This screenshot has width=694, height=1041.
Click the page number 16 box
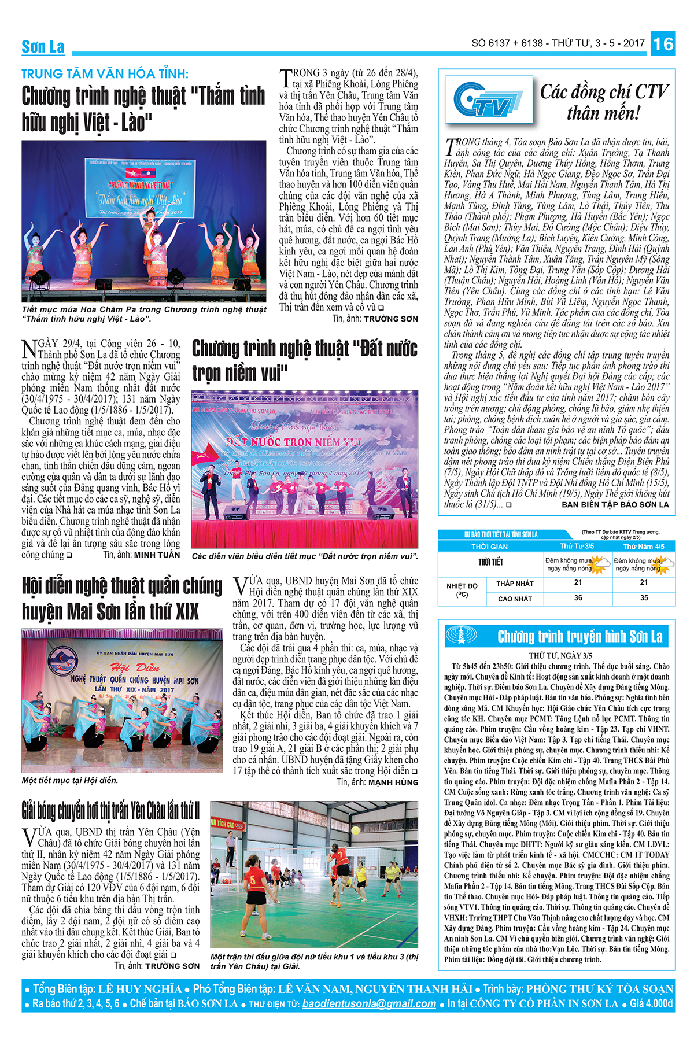(x=663, y=44)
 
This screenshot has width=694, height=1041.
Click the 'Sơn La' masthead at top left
(x=43, y=47)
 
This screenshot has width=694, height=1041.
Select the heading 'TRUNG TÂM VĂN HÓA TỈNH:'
(x=105, y=74)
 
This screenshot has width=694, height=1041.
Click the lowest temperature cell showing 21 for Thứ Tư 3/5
(x=578, y=583)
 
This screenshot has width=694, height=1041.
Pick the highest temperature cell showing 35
(x=644, y=598)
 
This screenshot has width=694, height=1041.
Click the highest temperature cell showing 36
(x=578, y=598)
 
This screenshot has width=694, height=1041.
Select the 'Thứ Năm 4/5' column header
(x=644, y=546)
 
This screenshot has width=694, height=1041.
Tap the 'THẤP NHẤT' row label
(x=515, y=584)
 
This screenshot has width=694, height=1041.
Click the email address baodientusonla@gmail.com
(x=369, y=1003)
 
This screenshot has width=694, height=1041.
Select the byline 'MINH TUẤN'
(x=157, y=555)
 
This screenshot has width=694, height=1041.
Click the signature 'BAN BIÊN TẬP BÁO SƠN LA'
(x=615, y=504)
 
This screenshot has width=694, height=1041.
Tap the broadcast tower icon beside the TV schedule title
(x=460, y=636)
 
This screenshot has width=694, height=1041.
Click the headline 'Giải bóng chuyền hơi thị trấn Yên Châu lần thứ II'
(x=110, y=810)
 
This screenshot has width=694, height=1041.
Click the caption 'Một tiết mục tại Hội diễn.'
(x=70, y=780)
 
